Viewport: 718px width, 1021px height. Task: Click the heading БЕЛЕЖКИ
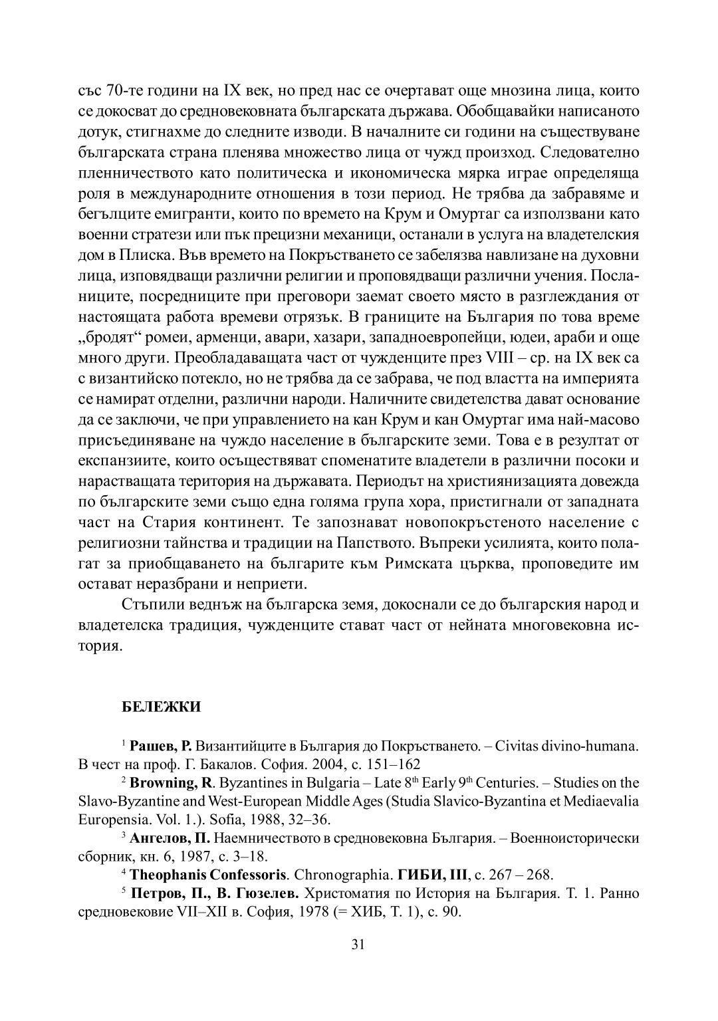pyautogui.click(x=161, y=706)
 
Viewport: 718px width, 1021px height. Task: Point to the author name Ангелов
pyautogui.click(x=154, y=838)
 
